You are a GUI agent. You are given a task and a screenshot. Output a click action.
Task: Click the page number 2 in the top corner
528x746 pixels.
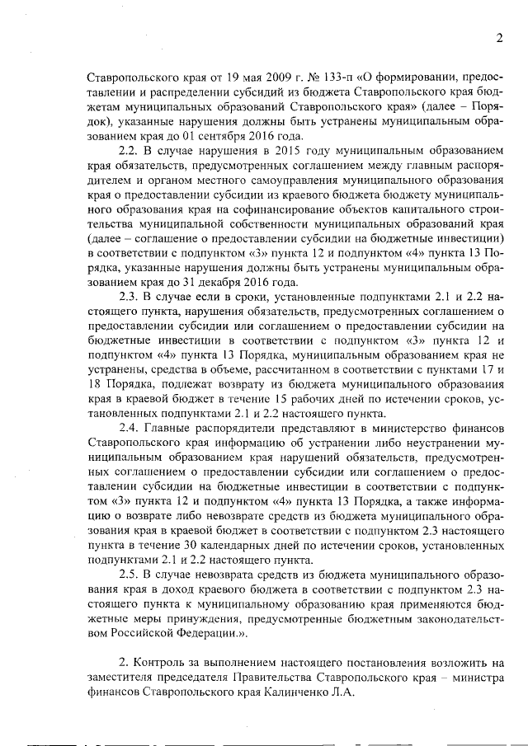point(498,37)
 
